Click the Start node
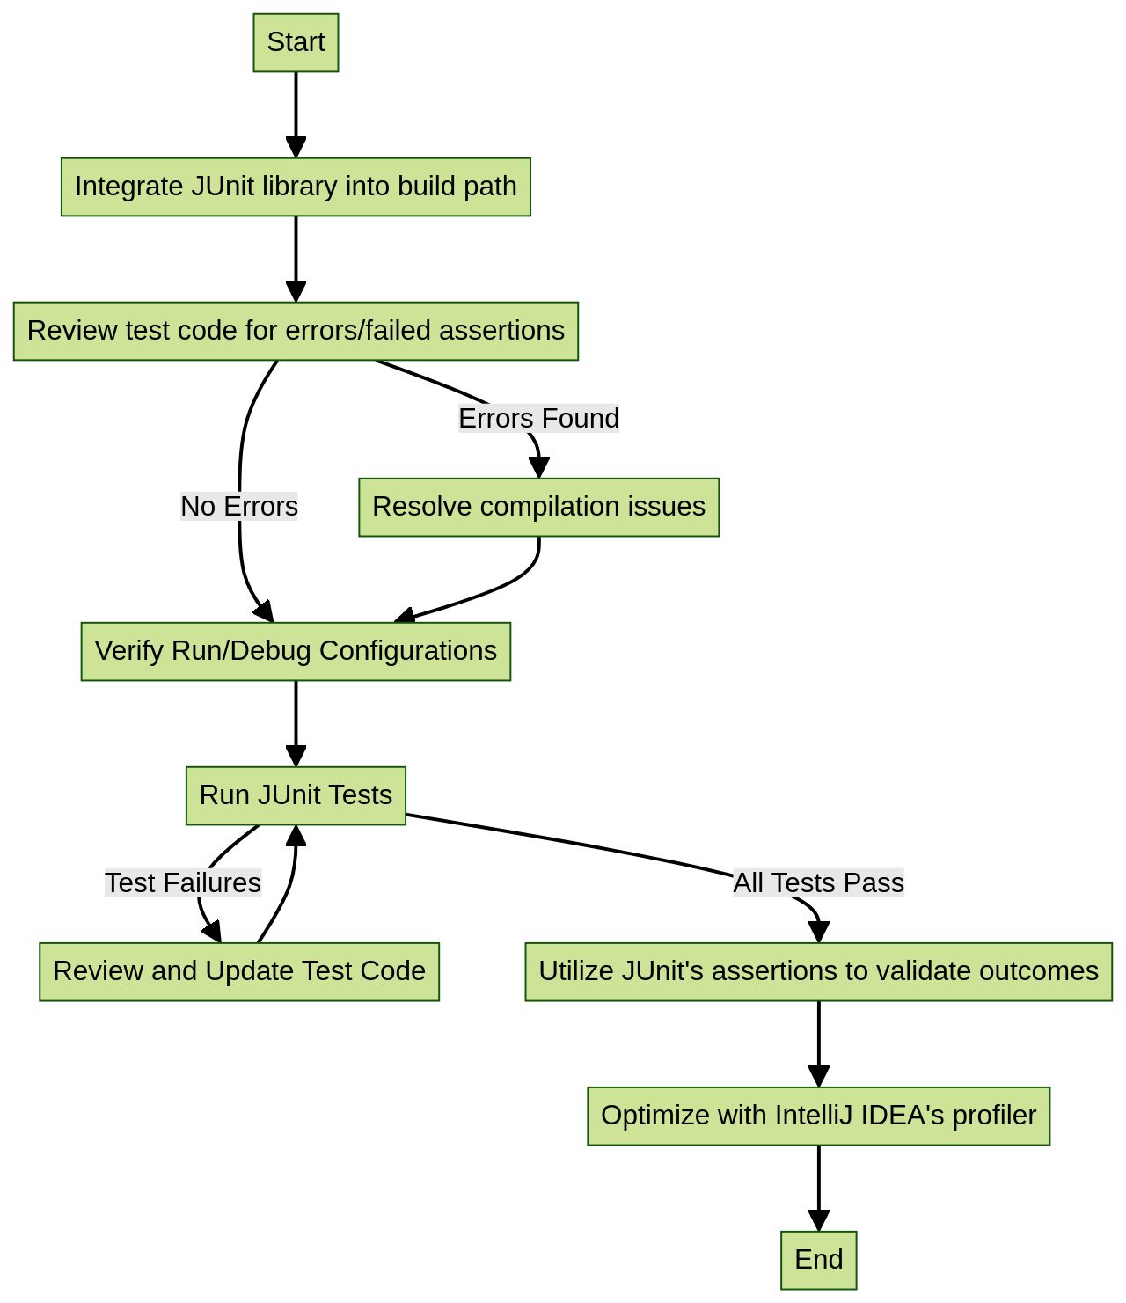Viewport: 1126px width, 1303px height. pos(296,42)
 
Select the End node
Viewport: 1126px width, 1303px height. pos(818,1260)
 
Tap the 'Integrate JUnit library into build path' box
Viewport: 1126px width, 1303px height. pos(296,187)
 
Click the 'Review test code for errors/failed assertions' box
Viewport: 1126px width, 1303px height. pos(296,331)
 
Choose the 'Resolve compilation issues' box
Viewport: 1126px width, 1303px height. pos(538,507)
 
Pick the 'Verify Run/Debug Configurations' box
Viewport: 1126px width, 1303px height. pos(296,651)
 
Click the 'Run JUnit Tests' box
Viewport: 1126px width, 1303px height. pos(296,795)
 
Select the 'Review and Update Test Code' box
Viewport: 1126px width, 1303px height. pos(239,971)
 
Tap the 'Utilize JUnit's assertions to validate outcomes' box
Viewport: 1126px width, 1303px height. pos(818,971)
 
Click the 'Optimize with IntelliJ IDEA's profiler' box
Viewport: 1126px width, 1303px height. pos(818,1116)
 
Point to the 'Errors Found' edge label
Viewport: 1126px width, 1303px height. pos(538,419)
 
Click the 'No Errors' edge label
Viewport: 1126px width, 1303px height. pos(239,507)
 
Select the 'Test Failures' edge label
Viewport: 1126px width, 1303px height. pos(183,882)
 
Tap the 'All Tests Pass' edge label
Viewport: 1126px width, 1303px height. pos(818,882)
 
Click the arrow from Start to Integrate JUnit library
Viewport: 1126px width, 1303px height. pos(296,110)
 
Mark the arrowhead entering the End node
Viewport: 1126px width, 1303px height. pos(818,1220)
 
